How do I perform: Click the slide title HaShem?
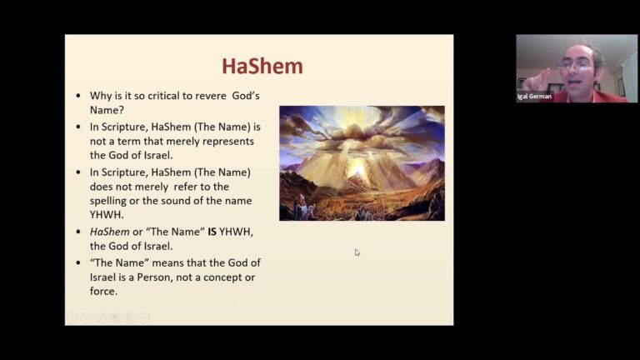point(262,67)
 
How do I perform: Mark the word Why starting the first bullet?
point(100,96)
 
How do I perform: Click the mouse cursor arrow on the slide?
point(357,252)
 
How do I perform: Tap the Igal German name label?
point(534,96)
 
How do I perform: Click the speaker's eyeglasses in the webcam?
point(575,63)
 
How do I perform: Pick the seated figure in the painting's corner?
point(302,204)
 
